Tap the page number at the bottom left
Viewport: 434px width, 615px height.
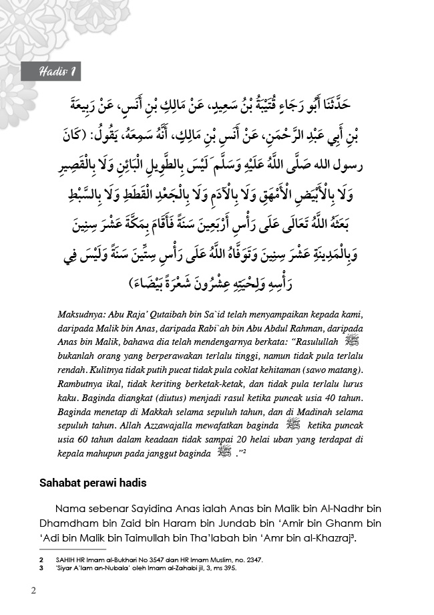coord(33,591)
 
